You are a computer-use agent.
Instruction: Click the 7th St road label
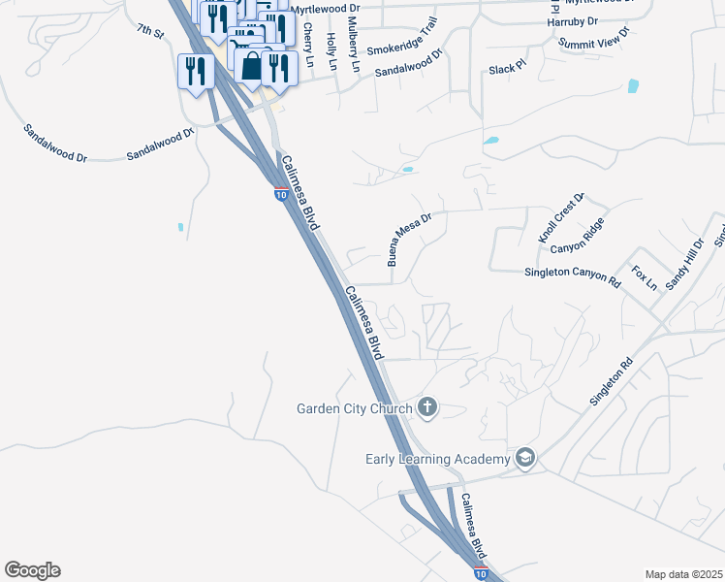coord(150,33)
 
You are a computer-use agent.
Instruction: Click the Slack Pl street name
coord(506,69)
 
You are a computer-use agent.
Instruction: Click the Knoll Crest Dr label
coord(562,218)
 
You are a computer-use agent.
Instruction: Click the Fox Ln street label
coord(645,278)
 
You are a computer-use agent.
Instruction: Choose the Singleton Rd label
coord(612,382)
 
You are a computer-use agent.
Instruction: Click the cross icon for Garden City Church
coord(427,407)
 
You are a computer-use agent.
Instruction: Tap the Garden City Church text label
coord(355,408)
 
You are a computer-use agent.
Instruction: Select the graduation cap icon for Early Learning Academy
coord(525,458)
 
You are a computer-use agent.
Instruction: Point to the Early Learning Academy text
coord(437,459)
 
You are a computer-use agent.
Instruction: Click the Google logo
coord(32,570)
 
